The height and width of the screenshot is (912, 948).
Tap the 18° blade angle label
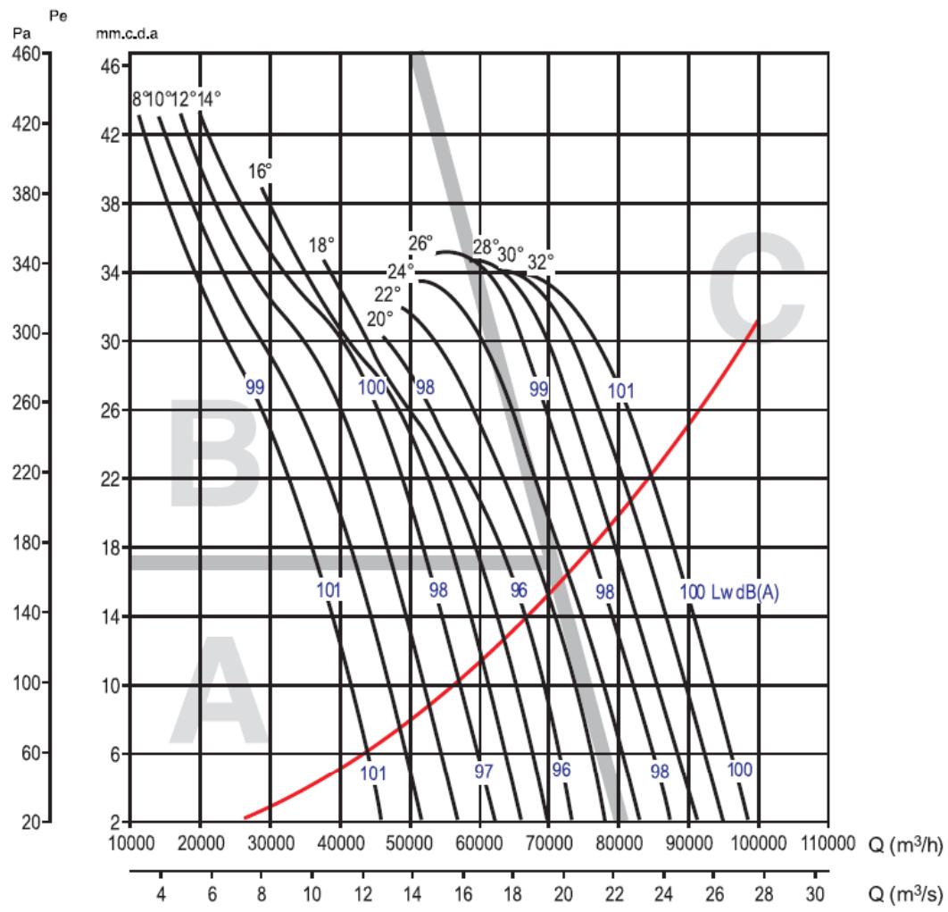click(321, 245)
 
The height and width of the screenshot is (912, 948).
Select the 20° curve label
click(379, 319)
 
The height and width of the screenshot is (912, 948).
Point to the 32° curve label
click(541, 262)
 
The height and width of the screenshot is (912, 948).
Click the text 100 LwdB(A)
click(729, 592)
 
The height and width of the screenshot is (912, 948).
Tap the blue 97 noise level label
click(483, 773)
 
